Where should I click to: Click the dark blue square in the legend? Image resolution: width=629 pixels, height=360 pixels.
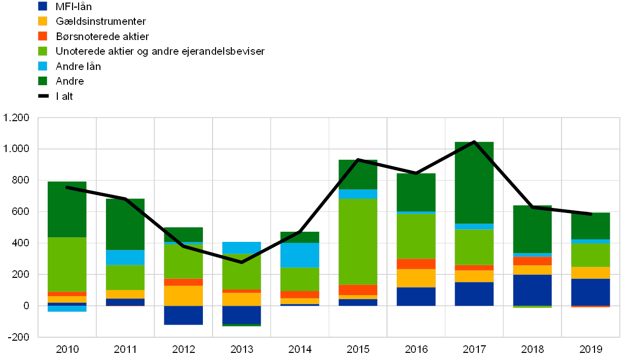click(x=43, y=6)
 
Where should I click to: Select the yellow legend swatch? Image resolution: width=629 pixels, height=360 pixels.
click(x=43, y=21)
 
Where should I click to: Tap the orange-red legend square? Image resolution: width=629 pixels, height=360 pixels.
click(x=43, y=36)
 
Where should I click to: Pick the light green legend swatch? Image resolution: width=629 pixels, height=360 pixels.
click(x=43, y=51)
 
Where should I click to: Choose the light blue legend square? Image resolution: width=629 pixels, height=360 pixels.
click(x=43, y=66)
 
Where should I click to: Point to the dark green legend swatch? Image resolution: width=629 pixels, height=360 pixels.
click(x=43, y=81)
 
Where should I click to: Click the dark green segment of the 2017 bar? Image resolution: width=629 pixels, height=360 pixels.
click(x=474, y=183)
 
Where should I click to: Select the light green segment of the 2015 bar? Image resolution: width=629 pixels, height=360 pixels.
click(x=358, y=241)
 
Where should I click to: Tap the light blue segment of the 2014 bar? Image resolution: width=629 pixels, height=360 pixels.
click(x=300, y=255)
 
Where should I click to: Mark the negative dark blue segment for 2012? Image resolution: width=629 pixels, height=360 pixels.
click(x=183, y=315)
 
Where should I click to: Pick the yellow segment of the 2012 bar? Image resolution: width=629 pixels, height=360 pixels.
click(x=183, y=296)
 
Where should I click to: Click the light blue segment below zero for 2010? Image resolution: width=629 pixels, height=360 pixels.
click(x=67, y=308)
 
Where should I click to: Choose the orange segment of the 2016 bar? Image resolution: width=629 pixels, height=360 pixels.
click(x=416, y=264)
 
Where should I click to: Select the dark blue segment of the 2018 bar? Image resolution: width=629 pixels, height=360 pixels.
click(x=532, y=290)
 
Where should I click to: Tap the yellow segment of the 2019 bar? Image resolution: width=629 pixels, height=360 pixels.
click(x=590, y=273)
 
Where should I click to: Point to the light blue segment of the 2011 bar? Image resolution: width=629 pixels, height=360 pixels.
click(x=125, y=258)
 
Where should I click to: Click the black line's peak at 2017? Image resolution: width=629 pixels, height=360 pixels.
click(x=474, y=141)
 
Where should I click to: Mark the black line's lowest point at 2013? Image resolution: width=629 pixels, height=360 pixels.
click(x=241, y=262)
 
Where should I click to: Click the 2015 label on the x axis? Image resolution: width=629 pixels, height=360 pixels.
click(x=358, y=349)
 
